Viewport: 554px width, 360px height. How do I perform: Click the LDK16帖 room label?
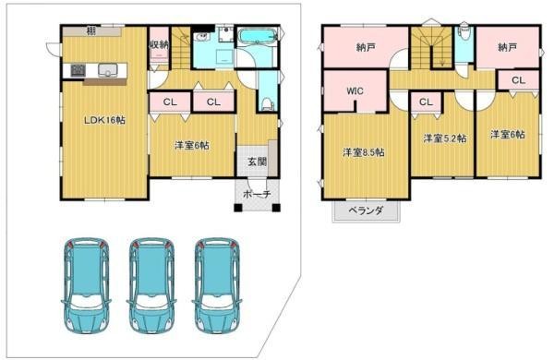click(x=104, y=120)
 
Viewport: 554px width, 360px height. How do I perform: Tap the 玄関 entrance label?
click(x=257, y=162)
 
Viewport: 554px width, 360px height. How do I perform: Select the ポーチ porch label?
click(x=258, y=194)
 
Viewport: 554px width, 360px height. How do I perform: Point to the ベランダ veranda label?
click(x=366, y=210)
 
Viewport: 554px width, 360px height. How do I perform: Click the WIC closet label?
click(x=355, y=91)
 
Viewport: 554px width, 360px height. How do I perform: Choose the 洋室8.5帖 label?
click(x=364, y=152)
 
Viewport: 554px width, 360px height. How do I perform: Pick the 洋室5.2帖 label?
click(x=445, y=138)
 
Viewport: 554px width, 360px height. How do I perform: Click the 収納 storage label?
click(x=159, y=44)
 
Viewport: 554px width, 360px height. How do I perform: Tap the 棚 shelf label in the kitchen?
click(x=90, y=31)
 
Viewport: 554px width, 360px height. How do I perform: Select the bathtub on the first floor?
click(x=257, y=36)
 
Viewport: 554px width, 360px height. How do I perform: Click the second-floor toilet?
click(x=464, y=33)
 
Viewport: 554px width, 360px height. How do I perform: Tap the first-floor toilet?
click(x=268, y=104)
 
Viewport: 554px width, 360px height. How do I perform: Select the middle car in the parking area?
click(x=151, y=285)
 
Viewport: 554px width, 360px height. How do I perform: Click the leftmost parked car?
click(x=86, y=285)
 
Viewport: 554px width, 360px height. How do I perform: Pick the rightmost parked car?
click(x=217, y=285)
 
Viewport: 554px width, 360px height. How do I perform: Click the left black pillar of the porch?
click(x=238, y=208)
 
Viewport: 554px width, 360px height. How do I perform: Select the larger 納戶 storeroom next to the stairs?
click(x=366, y=46)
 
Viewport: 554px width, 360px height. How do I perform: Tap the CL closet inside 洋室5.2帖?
click(x=426, y=102)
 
